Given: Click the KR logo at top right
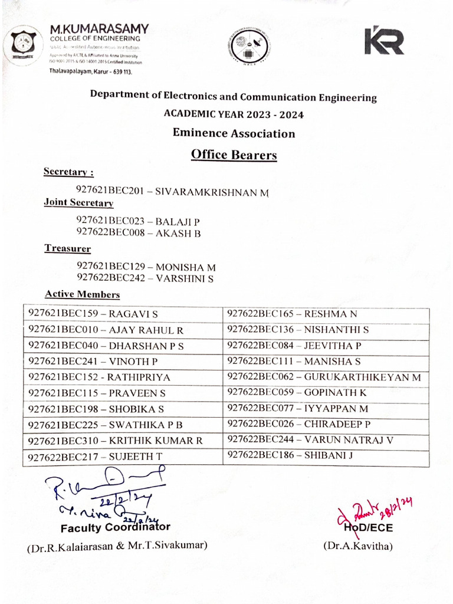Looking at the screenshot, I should pyautogui.click(x=384, y=41).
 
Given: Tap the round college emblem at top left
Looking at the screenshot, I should pyautogui.click(x=24, y=42).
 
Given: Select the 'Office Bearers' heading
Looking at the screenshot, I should pyautogui.click(x=234, y=155).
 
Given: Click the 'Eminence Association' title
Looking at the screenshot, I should pyautogui.click(x=234, y=133).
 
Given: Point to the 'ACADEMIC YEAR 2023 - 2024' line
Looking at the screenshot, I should pyautogui.click(x=234, y=114).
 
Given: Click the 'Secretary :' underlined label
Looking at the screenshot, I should pyautogui.click(x=68, y=172).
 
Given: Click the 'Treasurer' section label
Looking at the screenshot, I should pyautogui.click(x=68, y=249).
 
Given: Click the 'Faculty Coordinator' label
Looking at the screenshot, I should pyautogui.click(x=116, y=527).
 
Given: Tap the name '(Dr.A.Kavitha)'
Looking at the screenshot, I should pyautogui.click(x=357, y=546).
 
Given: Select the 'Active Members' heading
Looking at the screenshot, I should pyautogui.click(x=82, y=294).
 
